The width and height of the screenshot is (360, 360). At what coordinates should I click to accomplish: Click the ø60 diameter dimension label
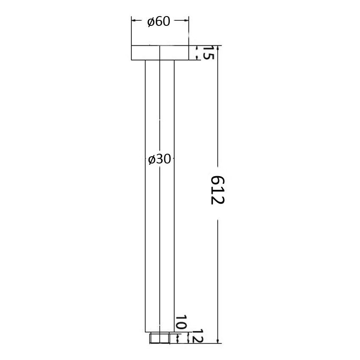159,22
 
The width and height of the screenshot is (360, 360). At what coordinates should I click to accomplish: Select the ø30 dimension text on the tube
159,159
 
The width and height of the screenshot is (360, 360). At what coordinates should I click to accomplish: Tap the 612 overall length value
217,189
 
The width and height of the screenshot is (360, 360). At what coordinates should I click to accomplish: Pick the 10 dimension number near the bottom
182,323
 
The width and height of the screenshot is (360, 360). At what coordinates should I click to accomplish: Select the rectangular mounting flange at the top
160,53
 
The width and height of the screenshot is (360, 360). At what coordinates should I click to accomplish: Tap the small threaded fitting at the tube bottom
160,338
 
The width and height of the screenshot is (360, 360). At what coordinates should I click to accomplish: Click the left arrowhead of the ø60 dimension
133,19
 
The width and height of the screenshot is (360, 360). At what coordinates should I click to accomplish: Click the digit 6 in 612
217,180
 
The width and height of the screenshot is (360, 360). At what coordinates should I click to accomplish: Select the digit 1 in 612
217,189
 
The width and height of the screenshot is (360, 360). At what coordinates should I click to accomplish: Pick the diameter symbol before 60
151,22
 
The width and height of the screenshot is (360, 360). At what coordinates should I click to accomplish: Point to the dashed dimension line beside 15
197,53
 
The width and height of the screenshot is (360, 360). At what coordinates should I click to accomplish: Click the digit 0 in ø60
166,22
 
